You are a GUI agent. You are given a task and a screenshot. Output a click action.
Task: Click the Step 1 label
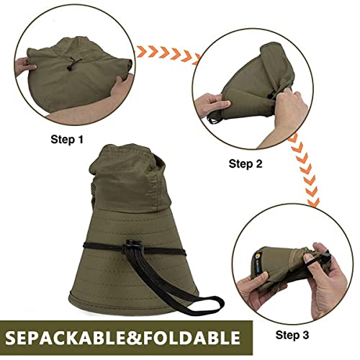[67, 140]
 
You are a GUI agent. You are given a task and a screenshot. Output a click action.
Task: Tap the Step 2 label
[246, 164]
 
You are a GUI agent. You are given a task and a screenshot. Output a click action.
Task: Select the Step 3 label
[292, 335]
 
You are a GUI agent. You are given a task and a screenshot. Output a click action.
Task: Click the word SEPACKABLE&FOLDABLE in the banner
[122, 338]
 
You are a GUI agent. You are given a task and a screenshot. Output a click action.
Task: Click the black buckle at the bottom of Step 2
[213, 119]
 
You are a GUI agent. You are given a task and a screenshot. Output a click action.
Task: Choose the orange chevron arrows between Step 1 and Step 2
[168, 54]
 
